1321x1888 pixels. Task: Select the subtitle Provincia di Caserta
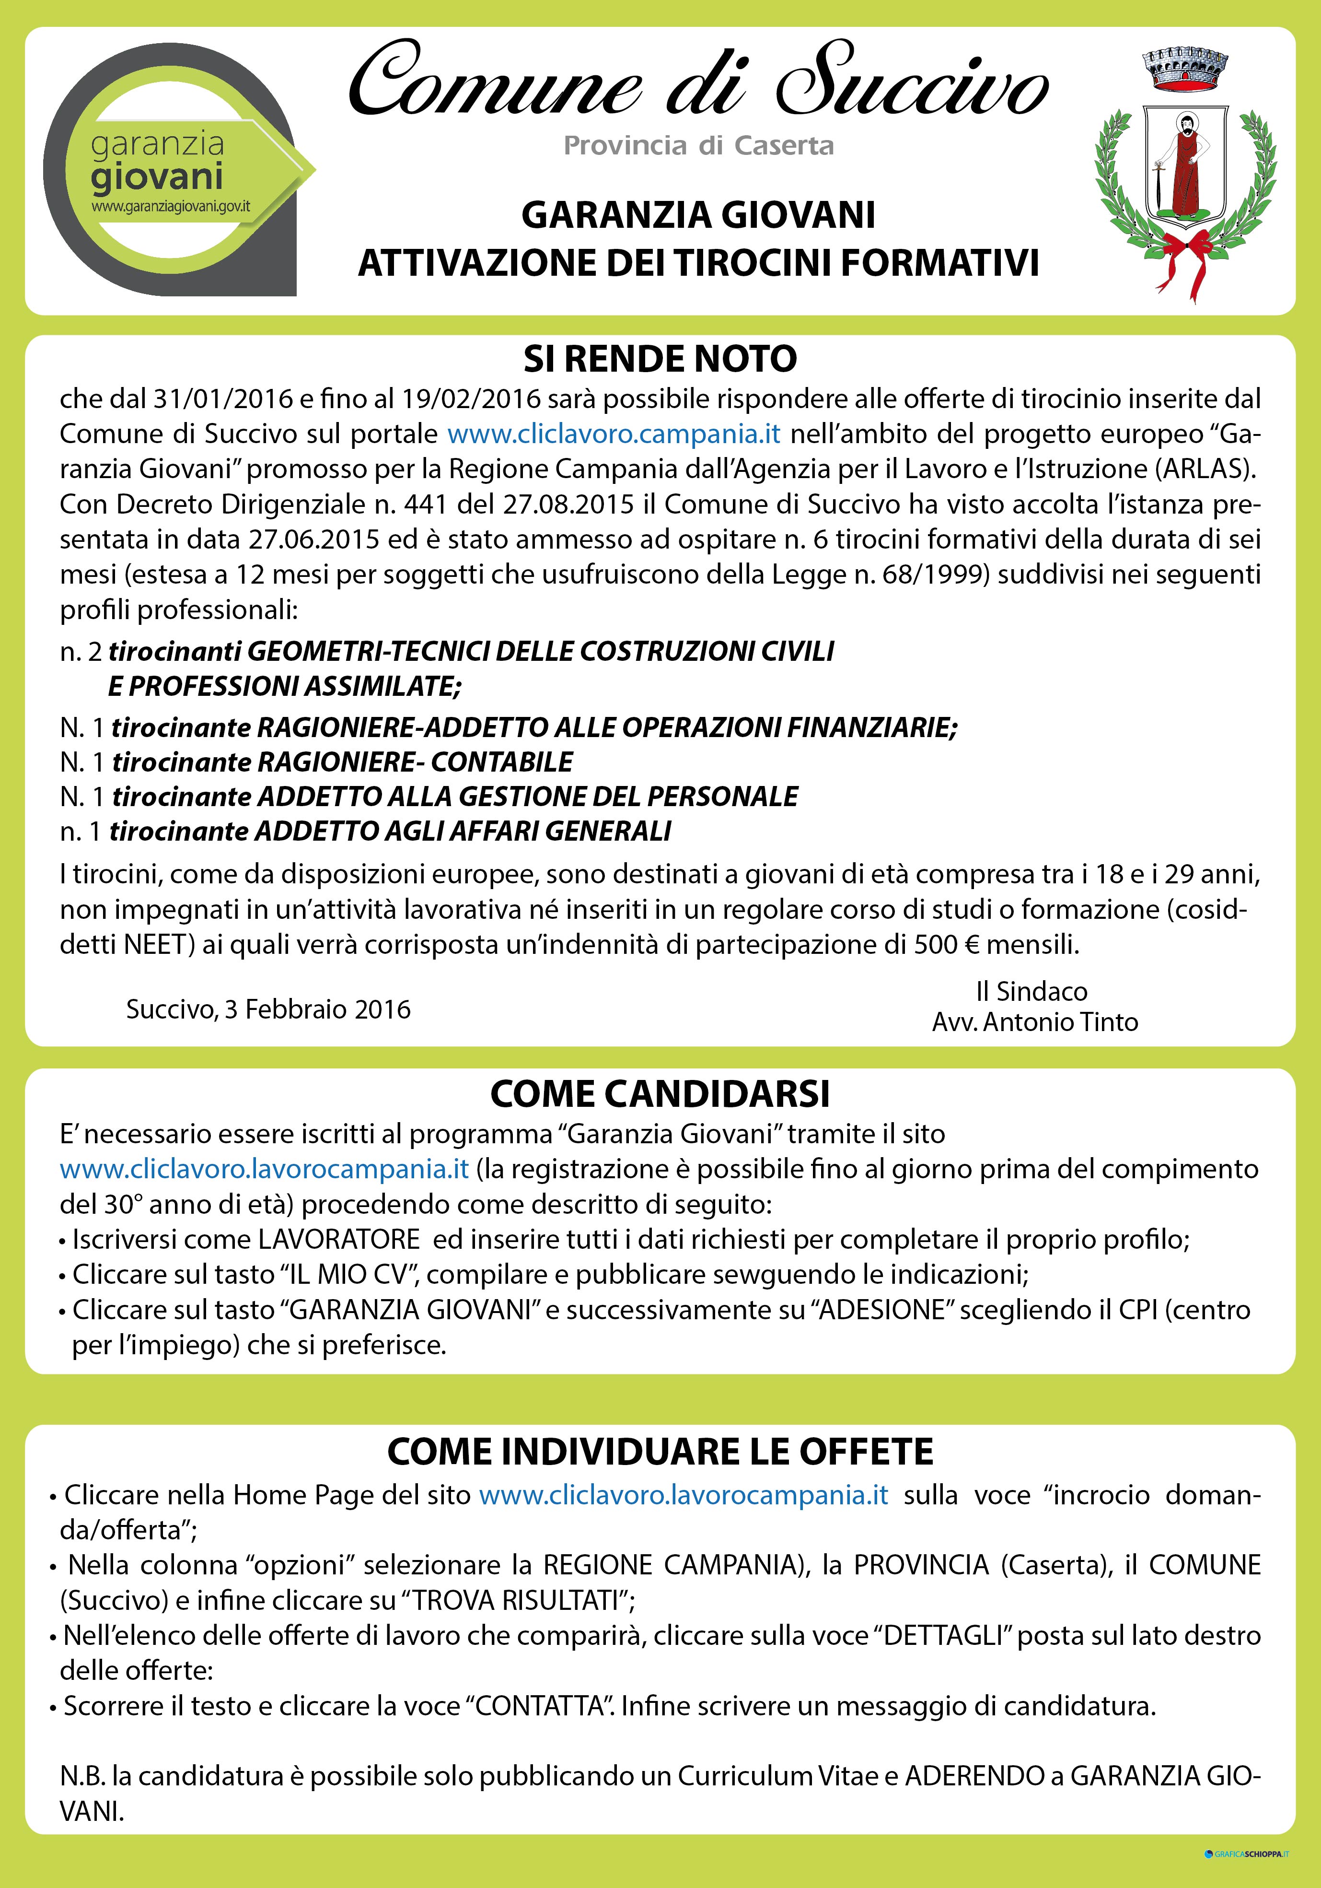(699, 146)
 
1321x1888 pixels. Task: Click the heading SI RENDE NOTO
(660, 359)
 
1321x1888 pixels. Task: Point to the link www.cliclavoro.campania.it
(613, 434)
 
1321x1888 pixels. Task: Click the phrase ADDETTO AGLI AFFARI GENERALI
(464, 832)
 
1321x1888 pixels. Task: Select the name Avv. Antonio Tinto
(1035, 1022)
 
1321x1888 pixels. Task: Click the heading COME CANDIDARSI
(660, 1094)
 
